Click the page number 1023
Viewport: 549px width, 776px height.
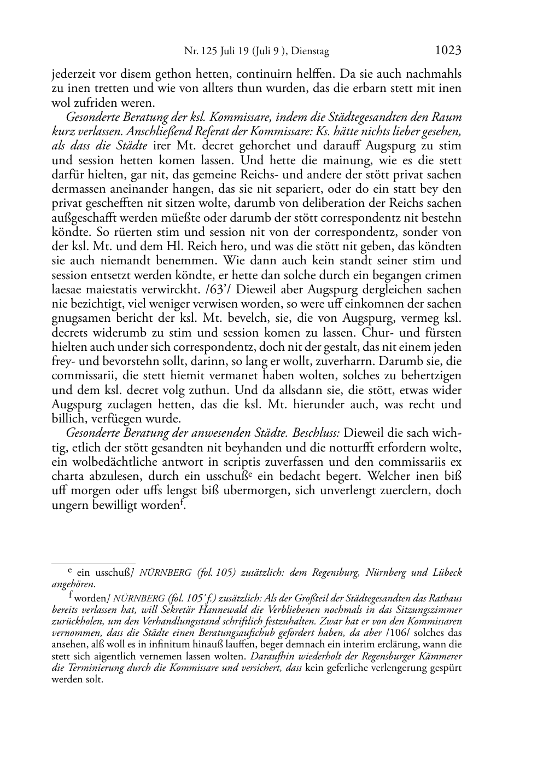pos(448,51)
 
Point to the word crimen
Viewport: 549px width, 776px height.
pos(442,275)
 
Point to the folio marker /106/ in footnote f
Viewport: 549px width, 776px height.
pos(401,634)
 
